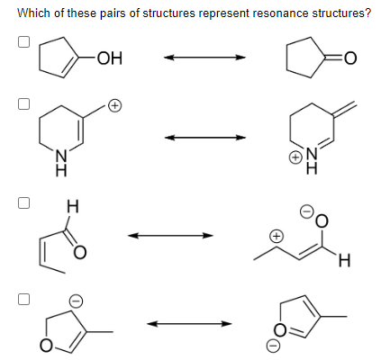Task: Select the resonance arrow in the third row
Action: [170, 236]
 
